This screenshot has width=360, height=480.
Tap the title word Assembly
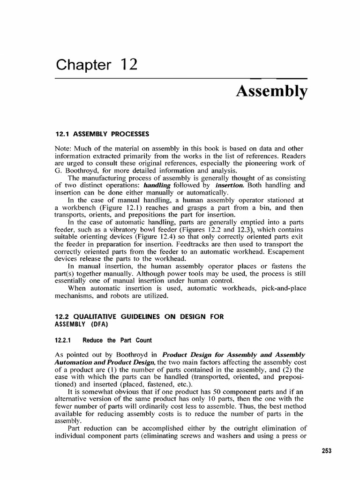(272, 91)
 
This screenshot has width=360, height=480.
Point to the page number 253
(326, 450)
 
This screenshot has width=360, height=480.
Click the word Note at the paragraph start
(63, 148)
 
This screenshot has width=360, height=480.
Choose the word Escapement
(284, 252)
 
